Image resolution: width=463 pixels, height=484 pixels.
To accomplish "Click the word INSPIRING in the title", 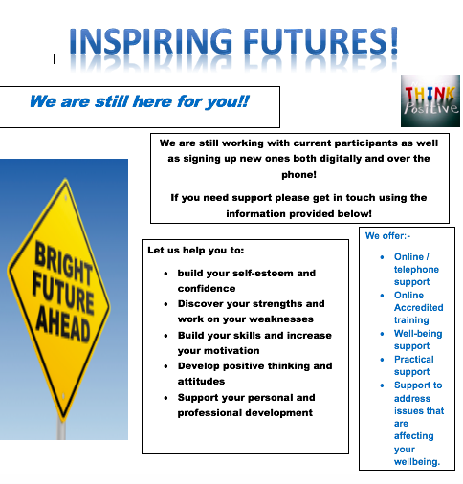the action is point(151,41).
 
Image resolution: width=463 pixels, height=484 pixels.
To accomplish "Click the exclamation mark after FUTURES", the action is point(394,40).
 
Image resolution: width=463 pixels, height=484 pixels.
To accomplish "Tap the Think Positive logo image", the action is point(430,100).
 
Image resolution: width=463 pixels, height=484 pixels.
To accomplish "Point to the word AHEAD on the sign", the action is point(63,325).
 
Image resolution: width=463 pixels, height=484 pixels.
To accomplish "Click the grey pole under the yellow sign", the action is point(61,428).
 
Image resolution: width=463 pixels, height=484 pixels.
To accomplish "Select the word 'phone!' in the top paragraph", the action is point(298,175).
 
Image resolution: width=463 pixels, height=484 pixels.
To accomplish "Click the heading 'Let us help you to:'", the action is point(196,251).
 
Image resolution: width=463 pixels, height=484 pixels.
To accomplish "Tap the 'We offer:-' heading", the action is point(387,236).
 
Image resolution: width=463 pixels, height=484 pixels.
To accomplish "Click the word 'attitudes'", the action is point(201,382).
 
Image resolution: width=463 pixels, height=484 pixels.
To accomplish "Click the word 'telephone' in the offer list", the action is point(416,270).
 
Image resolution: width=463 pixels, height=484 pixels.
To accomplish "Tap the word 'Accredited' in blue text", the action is point(419,307).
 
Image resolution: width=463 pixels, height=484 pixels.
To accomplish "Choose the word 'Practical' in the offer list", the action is point(414,359).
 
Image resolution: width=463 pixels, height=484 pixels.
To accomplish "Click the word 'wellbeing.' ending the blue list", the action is point(417,462).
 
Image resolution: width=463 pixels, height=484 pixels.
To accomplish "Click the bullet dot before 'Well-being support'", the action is point(382,334).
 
